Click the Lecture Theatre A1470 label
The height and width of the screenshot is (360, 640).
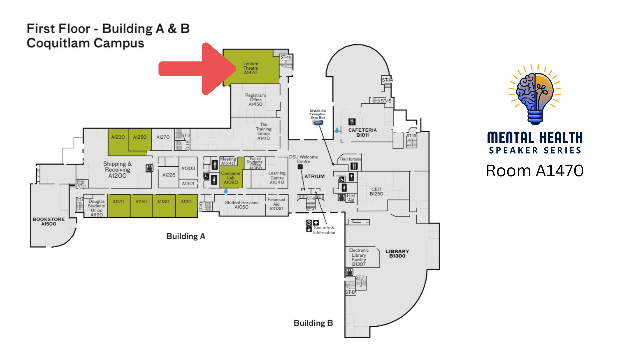[x=251, y=68]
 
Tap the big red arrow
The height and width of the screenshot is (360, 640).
[x=197, y=69]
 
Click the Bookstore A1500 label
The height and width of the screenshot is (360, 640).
[x=49, y=222]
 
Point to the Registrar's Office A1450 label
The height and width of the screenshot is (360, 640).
[x=256, y=100]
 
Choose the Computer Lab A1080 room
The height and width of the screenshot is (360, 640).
[x=231, y=178]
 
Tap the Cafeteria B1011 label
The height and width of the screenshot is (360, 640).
[x=362, y=132]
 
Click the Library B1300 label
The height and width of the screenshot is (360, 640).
[x=397, y=254]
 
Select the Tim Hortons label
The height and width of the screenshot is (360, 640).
[x=350, y=159]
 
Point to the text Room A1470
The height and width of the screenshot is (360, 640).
[x=535, y=171]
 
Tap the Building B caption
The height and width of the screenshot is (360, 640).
[x=313, y=323]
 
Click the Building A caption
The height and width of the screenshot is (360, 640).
[x=186, y=236]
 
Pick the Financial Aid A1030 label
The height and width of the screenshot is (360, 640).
[x=276, y=204]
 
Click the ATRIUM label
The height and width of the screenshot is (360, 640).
[x=314, y=176]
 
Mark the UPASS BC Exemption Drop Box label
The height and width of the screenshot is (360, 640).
[x=317, y=114]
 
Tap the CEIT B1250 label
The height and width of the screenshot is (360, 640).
[x=376, y=191]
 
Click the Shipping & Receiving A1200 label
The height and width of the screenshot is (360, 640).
[x=117, y=170]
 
